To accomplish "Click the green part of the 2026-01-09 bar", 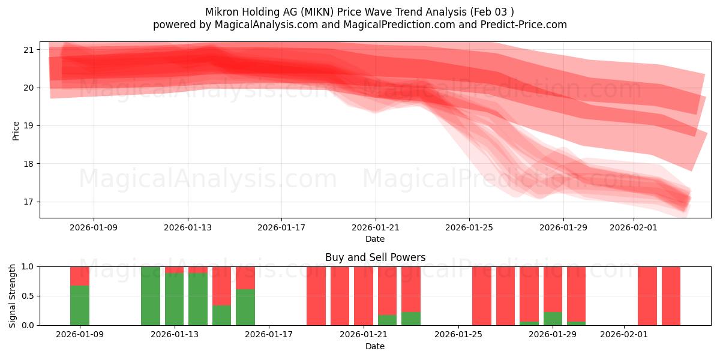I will pos(80,305).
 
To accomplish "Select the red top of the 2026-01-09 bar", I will pos(80,275).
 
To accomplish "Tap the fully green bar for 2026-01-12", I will pos(151,296).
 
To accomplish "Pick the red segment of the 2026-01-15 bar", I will pos(221,286).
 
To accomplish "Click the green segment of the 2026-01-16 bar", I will pos(245,307).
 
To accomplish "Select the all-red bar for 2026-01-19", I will pos(316,296).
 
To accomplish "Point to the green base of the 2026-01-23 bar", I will pos(411,319).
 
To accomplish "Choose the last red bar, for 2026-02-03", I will pos(671,296).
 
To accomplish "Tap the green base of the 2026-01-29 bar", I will pos(553,319).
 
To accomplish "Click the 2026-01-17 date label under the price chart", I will pos(281,227).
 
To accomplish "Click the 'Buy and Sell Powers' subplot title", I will pos(375,257).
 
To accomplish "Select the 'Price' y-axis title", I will pos(16,130).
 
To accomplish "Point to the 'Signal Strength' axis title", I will pos(13,296).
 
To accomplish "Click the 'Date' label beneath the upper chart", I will pos(375,239).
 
